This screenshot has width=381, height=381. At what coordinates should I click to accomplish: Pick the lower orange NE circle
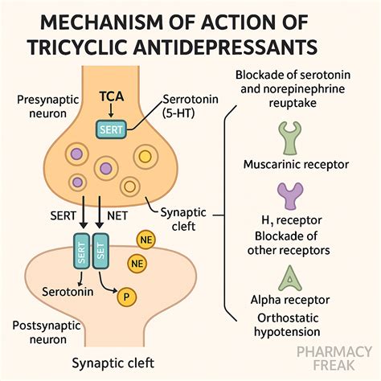tap(137, 263)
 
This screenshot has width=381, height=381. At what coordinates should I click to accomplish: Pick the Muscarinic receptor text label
tap(295, 164)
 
